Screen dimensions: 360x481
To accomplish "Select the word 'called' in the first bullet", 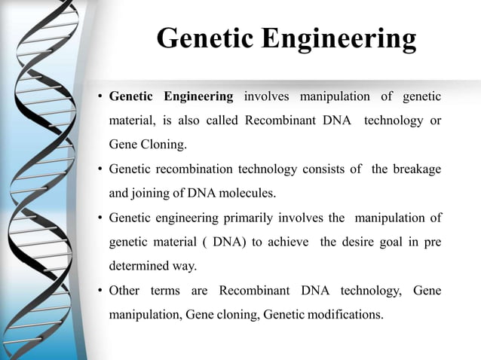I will [221, 121].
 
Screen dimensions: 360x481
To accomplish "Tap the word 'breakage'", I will [416, 169].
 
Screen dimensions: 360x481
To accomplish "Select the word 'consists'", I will [323, 169].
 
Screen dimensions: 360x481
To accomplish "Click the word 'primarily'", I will [249, 218].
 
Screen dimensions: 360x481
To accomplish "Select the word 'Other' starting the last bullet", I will [124, 291].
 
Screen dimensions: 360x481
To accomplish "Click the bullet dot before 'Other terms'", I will [100, 291].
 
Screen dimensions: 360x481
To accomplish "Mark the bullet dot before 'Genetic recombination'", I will [100, 170].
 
